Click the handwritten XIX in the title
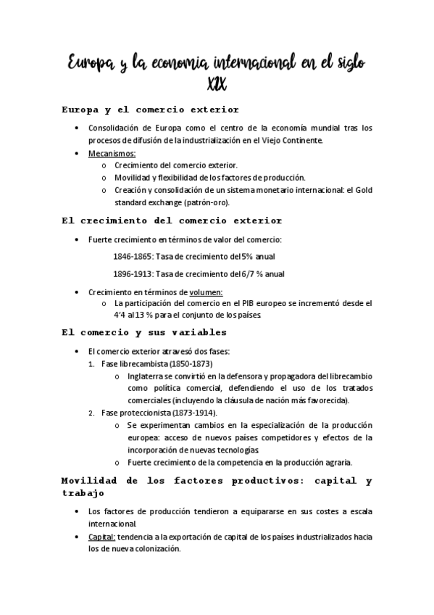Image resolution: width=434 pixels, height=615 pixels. coord(217,86)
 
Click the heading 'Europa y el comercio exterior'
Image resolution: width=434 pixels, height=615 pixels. coord(151,110)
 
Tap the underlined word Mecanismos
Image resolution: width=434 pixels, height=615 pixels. coord(112,153)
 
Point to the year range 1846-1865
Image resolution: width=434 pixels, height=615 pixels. coord(131,256)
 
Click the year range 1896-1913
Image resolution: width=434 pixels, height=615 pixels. coord(131,274)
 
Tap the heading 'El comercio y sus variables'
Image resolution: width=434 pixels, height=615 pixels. coord(145,333)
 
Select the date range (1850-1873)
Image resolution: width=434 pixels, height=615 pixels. coord(191,363)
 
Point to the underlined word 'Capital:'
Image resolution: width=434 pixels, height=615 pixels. coord(101,537)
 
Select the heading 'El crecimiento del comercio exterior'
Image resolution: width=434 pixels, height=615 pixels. coord(172,220)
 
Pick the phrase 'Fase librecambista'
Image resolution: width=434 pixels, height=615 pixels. coord(134,363)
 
